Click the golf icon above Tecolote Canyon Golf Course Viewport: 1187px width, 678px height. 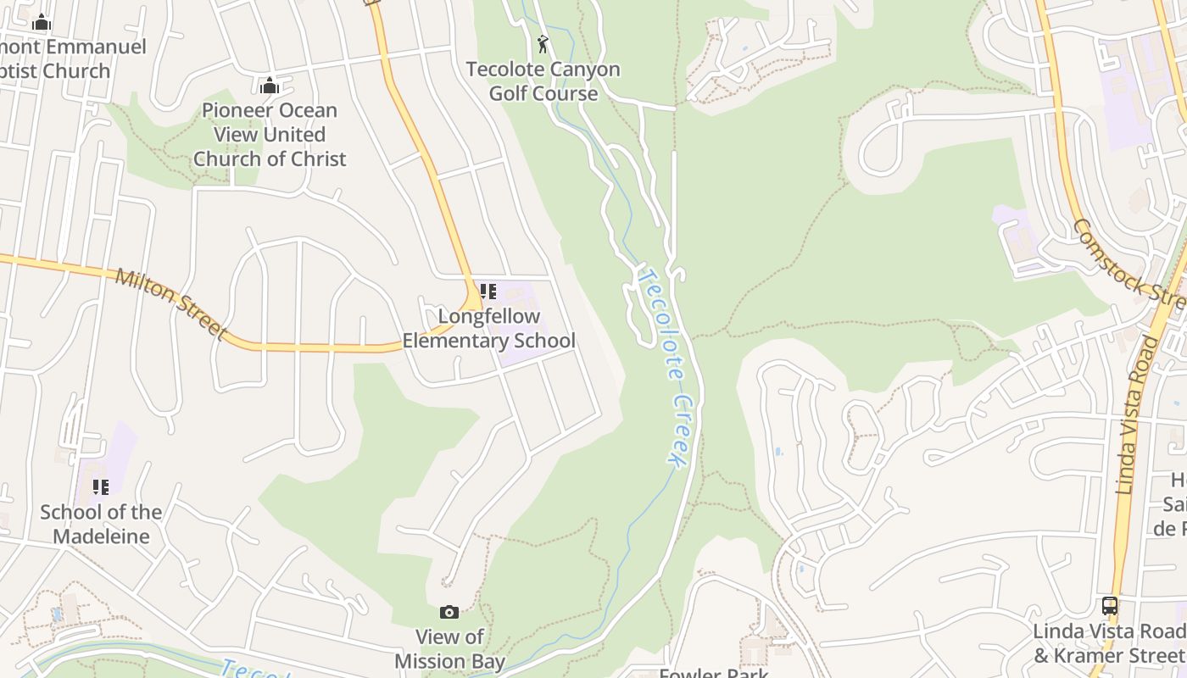543,43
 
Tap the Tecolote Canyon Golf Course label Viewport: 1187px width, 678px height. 543,81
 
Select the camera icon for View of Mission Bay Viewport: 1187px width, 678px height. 449,612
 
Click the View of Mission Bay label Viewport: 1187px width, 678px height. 450,649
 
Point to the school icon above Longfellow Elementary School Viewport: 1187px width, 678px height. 488,292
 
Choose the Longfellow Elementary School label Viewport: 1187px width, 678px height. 488,329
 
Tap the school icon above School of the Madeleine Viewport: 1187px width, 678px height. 101,487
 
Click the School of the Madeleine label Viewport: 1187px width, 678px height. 101,524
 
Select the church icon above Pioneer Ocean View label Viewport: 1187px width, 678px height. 270,86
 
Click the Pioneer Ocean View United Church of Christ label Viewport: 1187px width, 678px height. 270,134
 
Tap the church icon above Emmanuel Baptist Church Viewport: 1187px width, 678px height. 42,23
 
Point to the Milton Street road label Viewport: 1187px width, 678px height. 171,303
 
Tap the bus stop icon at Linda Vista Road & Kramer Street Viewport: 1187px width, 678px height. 1109,606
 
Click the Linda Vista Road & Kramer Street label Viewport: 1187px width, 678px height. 1109,643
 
